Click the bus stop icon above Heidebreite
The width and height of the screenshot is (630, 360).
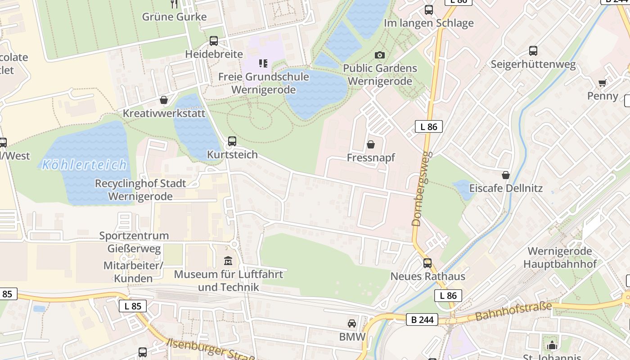[x=214, y=41]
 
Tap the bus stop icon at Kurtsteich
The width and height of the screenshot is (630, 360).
[x=232, y=141]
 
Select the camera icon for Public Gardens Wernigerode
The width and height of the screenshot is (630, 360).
[x=380, y=55]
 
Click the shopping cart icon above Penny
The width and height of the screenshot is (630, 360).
[x=603, y=83]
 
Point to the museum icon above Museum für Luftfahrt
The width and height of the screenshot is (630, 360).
[x=228, y=261]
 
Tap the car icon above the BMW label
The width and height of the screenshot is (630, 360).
[x=352, y=323]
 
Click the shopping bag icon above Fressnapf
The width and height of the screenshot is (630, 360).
[x=371, y=144]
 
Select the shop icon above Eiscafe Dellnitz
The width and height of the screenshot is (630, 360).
[x=506, y=175]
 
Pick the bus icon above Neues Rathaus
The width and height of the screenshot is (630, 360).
[x=427, y=263]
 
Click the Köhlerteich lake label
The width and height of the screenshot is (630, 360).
[x=85, y=165]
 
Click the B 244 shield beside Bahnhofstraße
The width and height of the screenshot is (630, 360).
[x=422, y=319]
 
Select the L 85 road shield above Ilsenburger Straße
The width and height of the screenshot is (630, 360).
[x=133, y=306]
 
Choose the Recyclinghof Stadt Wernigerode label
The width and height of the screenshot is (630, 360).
[x=140, y=190]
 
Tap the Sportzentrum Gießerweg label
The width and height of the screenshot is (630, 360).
[x=134, y=242]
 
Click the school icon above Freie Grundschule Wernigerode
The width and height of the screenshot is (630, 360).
[x=263, y=63]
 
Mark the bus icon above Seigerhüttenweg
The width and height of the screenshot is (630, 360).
[x=533, y=51]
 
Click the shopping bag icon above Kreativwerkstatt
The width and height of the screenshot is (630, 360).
[x=164, y=100]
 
